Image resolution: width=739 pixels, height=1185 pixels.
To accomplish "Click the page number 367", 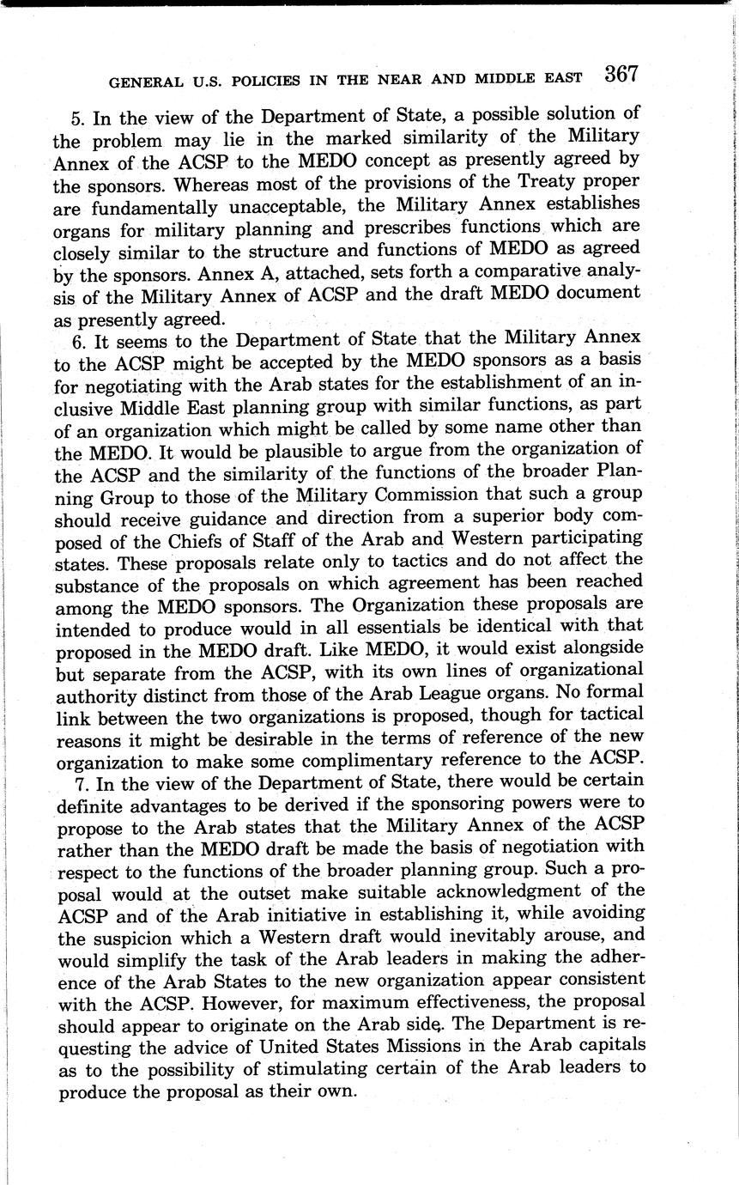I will pyautogui.click(x=621, y=75).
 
